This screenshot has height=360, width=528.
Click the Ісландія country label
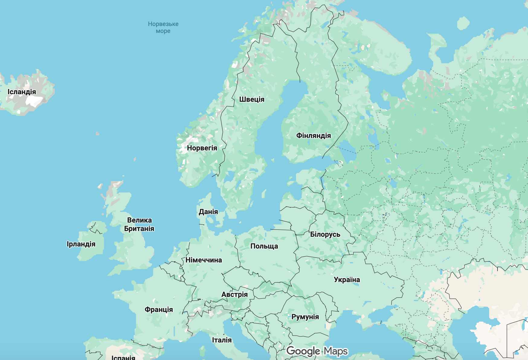tap(22, 92)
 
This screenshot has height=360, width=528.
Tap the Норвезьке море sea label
tap(163, 27)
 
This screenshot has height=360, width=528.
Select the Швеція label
tap(252, 99)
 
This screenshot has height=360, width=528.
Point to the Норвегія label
tap(202, 148)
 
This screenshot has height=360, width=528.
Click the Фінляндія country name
tap(314, 136)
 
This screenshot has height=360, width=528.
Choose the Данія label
tap(208, 212)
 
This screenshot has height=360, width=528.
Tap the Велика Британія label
tap(139, 224)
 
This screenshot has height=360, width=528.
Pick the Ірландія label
tap(81, 244)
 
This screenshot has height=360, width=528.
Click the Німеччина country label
tap(204, 260)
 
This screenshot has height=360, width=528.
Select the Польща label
tap(264, 246)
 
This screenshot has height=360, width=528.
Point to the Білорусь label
tap(325, 234)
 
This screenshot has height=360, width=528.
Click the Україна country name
tap(347, 280)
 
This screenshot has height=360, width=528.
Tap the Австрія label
tap(234, 294)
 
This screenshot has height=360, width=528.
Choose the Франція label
tap(159, 310)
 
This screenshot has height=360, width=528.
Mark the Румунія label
tap(305, 317)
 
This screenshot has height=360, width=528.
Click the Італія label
tap(222, 340)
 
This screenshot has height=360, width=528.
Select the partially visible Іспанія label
tap(123, 358)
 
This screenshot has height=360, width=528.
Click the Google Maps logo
tap(317, 351)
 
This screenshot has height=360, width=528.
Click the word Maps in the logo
tap(336, 351)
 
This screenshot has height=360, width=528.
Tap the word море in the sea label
tap(163, 31)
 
